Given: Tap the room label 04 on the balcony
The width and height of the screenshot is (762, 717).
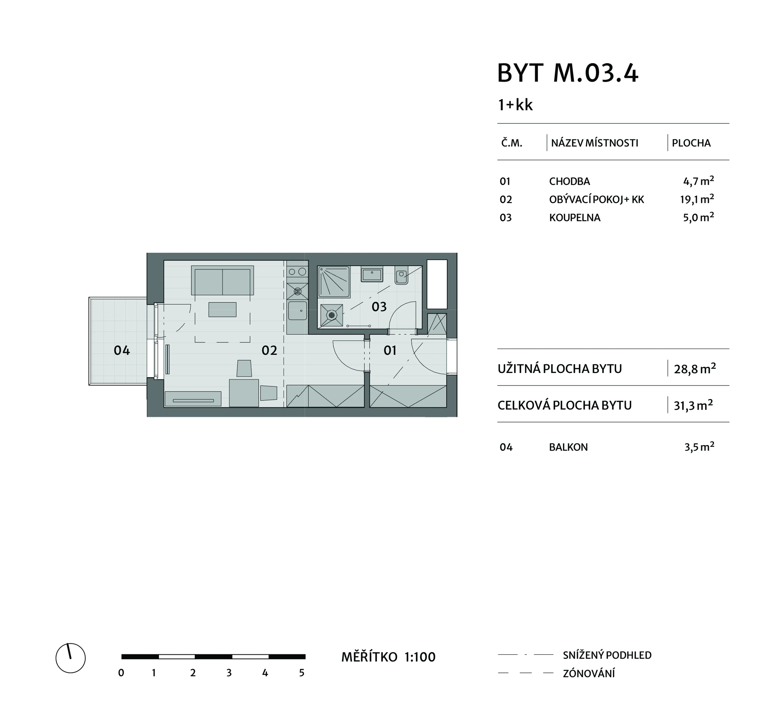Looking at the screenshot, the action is click(x=122, y=350).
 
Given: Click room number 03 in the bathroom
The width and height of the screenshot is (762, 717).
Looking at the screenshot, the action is click(x=379, y=307).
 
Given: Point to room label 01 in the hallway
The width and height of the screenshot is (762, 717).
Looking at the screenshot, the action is click(x=390, y=350).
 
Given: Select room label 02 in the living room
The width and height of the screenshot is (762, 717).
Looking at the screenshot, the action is click(x=269, y=350).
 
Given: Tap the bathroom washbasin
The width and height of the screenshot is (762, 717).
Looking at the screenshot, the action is click(x=372, y=274).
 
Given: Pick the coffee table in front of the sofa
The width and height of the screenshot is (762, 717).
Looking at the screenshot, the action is click(x=222, y=310).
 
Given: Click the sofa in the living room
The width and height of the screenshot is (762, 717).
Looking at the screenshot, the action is click(x=222, y=281).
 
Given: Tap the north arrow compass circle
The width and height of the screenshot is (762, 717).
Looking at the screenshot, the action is click(x=70, y=658).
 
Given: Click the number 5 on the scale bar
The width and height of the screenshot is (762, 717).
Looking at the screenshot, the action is click(x=302, y=673).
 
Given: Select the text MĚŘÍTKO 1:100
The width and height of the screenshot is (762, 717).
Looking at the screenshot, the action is click(x=388, y=657).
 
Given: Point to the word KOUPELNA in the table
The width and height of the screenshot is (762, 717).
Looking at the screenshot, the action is click(x=575, y=218).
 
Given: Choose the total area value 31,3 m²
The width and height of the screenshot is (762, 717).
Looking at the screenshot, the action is click(x=693, y=405).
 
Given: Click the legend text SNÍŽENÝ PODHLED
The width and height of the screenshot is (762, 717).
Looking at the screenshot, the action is click(x=607, y=655).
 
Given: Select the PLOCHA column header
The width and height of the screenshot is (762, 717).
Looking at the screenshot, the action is click(x=691, y=143).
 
